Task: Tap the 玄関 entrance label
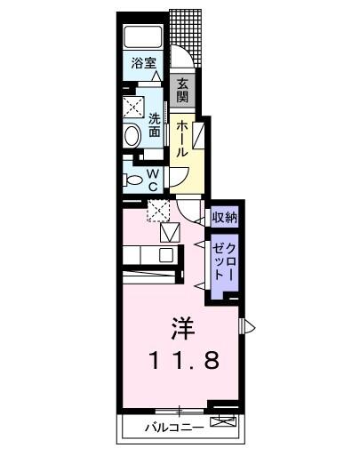[x=182, y=90]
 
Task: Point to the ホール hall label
[x=180, y=139]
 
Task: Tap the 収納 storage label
[x=224, y=217]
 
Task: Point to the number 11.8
[x=181, y=361]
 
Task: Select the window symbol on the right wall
[x=249, y=327]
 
